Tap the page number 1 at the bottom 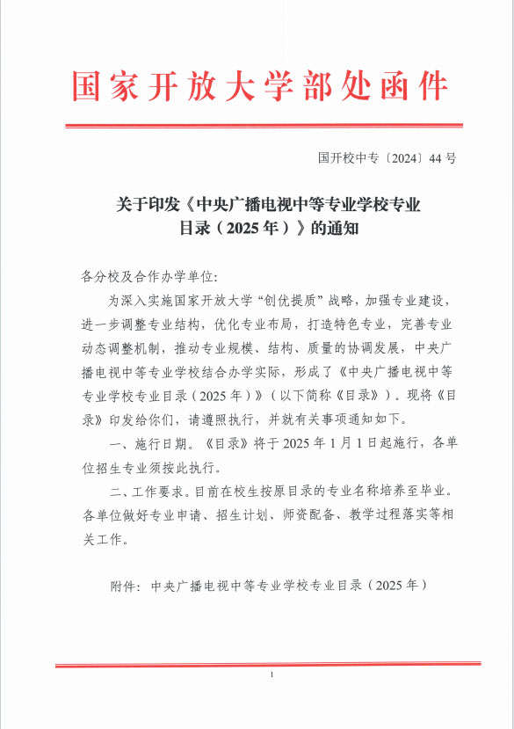272,674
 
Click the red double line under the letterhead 264,126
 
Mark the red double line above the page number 264,665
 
